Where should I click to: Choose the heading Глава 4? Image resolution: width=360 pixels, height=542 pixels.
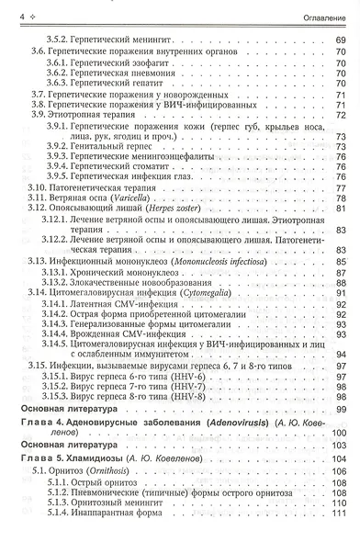tap(40, 395)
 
